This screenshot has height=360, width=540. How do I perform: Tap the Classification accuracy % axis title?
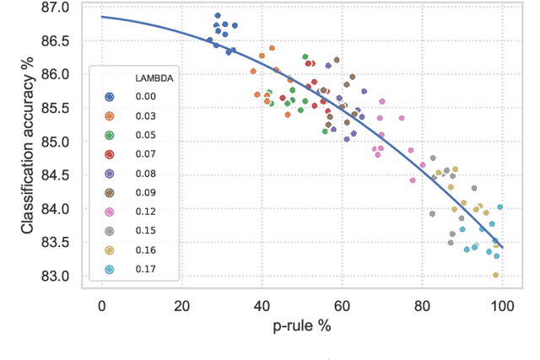pyautogui.click(x=28, y=142)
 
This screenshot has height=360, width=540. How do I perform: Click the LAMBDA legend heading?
pyautogui.click(x=154, y=78)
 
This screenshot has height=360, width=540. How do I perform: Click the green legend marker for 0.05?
pyautogui.click(x=109, y=136)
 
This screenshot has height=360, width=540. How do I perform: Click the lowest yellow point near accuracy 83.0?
pyautogui.click(x=495, y=275)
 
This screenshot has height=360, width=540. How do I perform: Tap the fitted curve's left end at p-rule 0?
pyautogui.click(x=102, y=17)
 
